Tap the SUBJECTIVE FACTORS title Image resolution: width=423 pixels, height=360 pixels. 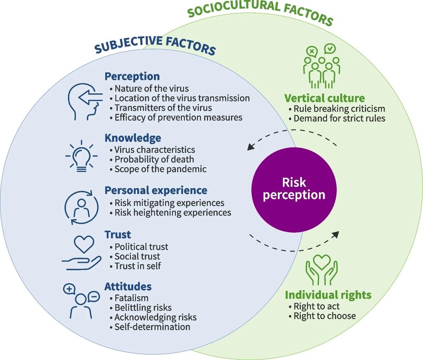[x=154, y=49]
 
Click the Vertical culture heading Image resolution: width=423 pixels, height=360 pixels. [x=324, y=98]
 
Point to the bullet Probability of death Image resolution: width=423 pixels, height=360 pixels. [x=151, y=160]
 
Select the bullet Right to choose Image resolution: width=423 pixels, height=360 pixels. [x=324, y=316]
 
